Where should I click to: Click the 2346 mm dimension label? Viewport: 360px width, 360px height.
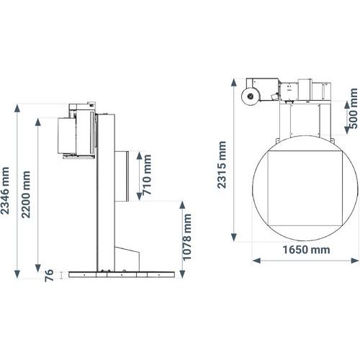coord(5,191)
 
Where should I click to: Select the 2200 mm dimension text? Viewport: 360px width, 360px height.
coord(26,194)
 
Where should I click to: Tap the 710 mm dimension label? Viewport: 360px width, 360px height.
coord(147,175)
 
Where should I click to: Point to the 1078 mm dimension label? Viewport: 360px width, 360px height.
coord(187,237)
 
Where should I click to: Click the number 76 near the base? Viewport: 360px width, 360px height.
coord(49,276)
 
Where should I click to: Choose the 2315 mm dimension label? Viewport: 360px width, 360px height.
coord(222,165)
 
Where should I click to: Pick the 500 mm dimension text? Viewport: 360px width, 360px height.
coord(354,109)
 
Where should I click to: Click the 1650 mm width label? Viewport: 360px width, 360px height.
coord(306,250)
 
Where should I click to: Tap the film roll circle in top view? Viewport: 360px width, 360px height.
coord(250,96)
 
